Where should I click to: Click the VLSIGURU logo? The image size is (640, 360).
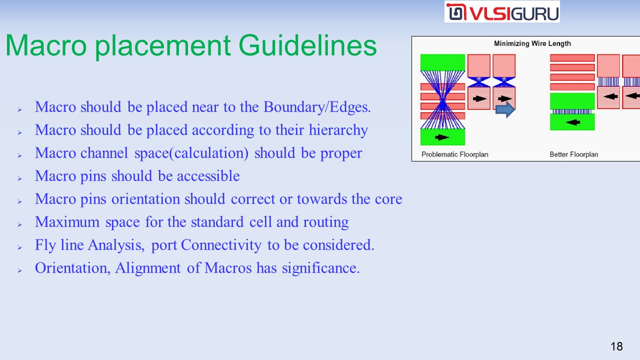pyautogui.click(x=502, y=11)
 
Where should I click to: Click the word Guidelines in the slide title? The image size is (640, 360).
pyautogui.click(x=307, y=45)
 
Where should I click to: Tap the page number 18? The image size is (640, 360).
pyautogui.click(x=616, y=346)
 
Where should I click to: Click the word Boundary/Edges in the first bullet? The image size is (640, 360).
pyautogui.click(x=317, y=107)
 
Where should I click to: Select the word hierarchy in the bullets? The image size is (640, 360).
pyautogui.click(x=338, y=130)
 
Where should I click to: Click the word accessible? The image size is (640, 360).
pyautogui.click(x=208, y=175)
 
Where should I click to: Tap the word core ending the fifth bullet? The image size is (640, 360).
pyautogui.click(x=388, y=199)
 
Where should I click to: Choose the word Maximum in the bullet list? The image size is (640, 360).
pyautogui.click(x=67, y=222)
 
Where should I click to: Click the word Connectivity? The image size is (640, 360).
pyautogui.click(x=221, y=245)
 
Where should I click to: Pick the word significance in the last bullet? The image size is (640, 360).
pyautogui.click(x=320, y=268)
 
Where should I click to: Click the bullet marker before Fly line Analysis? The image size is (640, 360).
pyautogui.click(x=19, y=247)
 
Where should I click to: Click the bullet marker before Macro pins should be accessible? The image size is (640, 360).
pyautogui.click(x=19, y=178)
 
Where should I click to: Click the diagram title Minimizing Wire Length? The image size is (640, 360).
pyautogui.click(x=532, y=43)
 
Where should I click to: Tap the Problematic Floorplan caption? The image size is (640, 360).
pyautogui.click(x=455, y=154)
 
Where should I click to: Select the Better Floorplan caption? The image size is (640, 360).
pyautogui.click(x=573, y=154)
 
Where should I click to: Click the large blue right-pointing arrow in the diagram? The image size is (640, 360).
pyautogui.click(x=505, y=109)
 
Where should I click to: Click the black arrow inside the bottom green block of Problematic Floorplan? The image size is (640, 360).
pyautogui.click(x=442, y=137)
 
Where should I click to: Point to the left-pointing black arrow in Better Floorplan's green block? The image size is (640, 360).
pyautogui.click(x=573, y=122)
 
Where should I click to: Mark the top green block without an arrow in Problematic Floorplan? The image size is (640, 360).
pyautogui.click(x=442, y=62)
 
